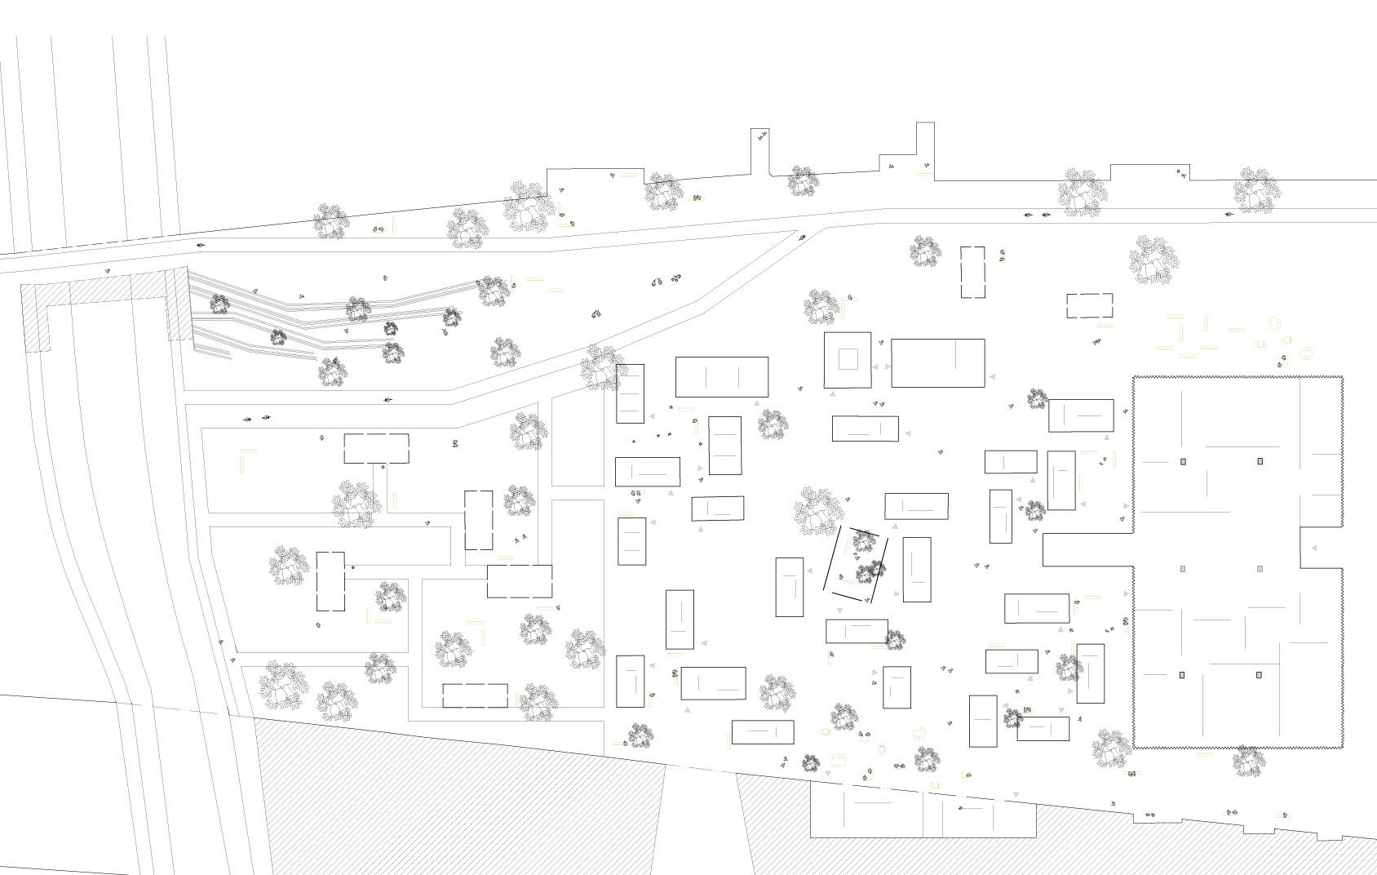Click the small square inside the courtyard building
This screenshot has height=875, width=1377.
(848, 359)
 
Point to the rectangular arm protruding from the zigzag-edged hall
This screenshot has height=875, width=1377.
(1088, 549)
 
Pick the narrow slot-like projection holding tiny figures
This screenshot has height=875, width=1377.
(760, 152)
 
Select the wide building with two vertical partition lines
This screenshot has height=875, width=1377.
(721, 377)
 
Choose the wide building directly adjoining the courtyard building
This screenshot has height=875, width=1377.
(937, 363)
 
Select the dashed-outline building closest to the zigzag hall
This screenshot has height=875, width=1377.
(1089, 306)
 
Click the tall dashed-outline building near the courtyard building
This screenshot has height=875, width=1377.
(972, 272)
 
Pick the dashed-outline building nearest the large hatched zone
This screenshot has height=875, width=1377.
(475, 695)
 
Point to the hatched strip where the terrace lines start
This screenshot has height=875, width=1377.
(178, 304)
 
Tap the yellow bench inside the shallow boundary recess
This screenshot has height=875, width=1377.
(627, 175)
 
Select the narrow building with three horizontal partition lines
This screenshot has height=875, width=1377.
(630, 393)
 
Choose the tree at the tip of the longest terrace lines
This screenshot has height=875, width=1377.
(492, 290)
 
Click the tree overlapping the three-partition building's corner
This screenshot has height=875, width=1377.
(604, 367)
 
